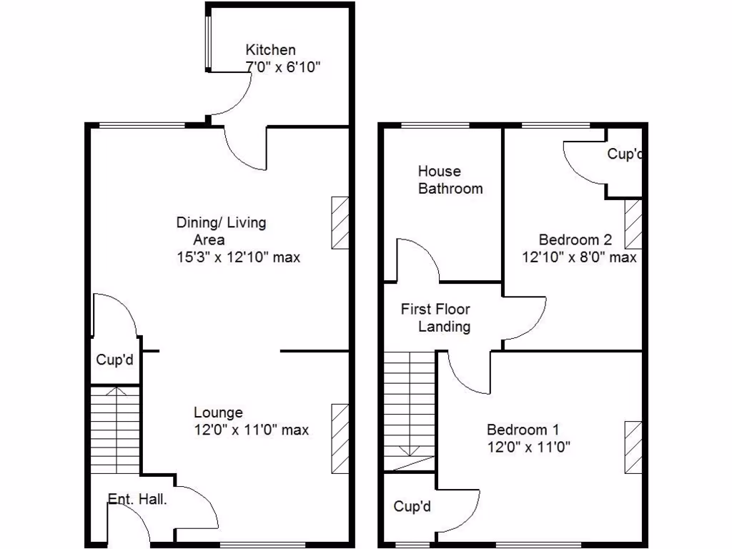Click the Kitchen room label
[270, 50]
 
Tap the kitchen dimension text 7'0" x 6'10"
[282, 68]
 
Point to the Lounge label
[218, 412]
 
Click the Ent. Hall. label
[137, 499]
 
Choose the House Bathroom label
[450, 180]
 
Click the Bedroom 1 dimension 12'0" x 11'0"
[528, 447]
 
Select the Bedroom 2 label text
[575, 239]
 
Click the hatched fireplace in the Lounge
[340, 438]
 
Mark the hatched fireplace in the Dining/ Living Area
[340, 222]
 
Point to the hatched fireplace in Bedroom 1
[633, 447]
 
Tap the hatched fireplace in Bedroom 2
[633, 224]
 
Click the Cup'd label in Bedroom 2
[625, 154]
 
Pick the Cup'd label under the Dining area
[114, 360]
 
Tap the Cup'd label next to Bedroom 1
[412, 507]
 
